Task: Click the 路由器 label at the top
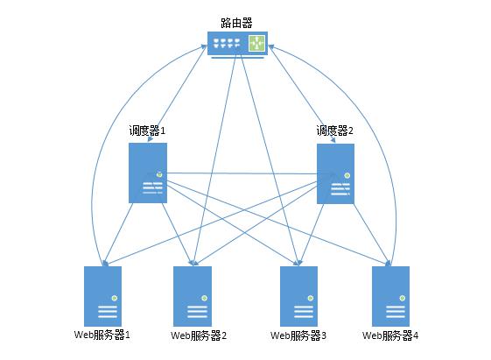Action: pyautogui.click(x=236, y=23)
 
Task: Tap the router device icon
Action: pyautogui.click(x=237, y=45)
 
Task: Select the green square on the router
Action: pyautogui.click(x=256, y=43)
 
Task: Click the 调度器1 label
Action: pyautogui.click(x=147, y=131)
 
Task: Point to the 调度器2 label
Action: pyautogui.click(x=334, y=131)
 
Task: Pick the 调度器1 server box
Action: pyautogui.click(x=148, y=173)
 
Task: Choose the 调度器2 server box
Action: pyautogui.click(x=335, y=174)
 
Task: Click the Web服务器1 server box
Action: pyautogui.click(x=102, y=296)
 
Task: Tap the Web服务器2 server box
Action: pyautogui.click(x=193, y=296)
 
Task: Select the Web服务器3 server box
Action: pyautogui.click(x=298, y=296)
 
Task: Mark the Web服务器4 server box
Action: pyautogui.click(x=391, y=296)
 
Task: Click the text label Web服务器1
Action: pyautogui.click(x=102, y=335)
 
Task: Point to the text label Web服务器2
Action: pyautogui.click(x=199, y=335)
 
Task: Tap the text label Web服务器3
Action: pyautogui.click(x=298, y=335)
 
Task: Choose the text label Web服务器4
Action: pyautogui.click(x=390, y=335)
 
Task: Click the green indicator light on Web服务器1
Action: pyautogui.click(x=115, y=298)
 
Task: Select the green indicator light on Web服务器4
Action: pyautogui.click(x=403, y=298)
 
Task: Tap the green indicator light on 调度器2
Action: pyautogui.click(x=347, y=175)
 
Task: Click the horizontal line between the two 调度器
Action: pyautogui.click(x=242, y=173)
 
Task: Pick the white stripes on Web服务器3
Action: pyautogui.click(x=303, y=312)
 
